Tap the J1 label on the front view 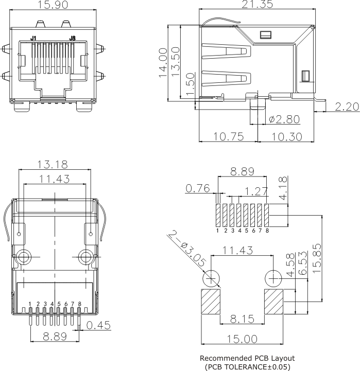tap(33, 39)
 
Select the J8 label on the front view tap(73, 39)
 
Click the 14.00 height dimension tap(163, 63)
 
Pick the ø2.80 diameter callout tap(284, 119)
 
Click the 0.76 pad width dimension tap(198, 188)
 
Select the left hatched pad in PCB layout tap(210, 302)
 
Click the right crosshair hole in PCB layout tap(273, 279)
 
